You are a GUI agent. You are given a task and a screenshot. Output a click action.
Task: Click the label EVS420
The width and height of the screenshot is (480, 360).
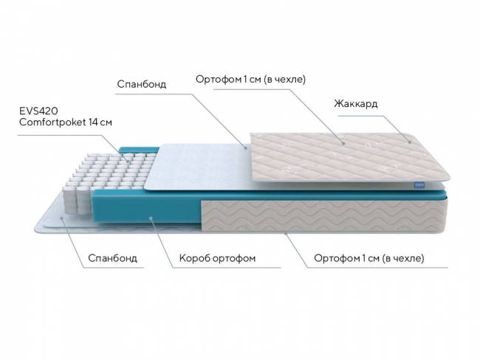pos(38,111)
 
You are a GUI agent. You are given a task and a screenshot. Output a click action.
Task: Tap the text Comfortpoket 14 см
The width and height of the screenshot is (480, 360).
pos(66,122)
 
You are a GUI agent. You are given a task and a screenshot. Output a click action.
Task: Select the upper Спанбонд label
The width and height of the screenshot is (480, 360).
pos(142,84)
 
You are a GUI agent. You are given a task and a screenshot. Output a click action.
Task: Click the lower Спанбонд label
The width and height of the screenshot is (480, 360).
pos(112,258)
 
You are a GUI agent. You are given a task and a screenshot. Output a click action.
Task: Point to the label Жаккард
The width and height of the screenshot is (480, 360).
pos(356,104)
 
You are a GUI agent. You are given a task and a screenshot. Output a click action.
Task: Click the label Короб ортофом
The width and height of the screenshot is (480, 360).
pos(217,258)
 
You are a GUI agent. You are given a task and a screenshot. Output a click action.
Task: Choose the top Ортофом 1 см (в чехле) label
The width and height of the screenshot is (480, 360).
pos(251,79)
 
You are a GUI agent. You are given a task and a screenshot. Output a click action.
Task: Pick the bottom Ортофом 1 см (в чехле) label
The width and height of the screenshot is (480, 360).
pos(369,258)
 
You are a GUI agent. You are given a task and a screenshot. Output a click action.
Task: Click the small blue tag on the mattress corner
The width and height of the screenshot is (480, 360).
pos(418,185)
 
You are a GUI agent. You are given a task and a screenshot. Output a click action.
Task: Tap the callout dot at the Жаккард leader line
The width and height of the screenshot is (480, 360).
pos(410,142)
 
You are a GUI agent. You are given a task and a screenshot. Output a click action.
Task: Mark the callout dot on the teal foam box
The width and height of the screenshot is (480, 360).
pos(151,218)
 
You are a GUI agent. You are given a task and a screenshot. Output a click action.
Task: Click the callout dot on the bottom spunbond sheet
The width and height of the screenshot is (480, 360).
pos(61,218)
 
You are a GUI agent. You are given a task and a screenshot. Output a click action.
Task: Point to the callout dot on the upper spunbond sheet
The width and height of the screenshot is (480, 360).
pos(245,148)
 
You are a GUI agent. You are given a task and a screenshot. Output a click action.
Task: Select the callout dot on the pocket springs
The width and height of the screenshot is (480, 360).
pos(129,159)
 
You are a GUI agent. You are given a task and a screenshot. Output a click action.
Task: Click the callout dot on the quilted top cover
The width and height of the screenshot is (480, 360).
pos(344,143)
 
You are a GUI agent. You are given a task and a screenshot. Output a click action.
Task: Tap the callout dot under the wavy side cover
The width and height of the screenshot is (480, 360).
pos(286,233)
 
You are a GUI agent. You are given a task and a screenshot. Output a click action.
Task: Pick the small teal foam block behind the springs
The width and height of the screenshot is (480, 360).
pos(139,150)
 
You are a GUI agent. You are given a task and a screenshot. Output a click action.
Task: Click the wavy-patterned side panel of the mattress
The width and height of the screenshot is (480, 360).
pos(324,216)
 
